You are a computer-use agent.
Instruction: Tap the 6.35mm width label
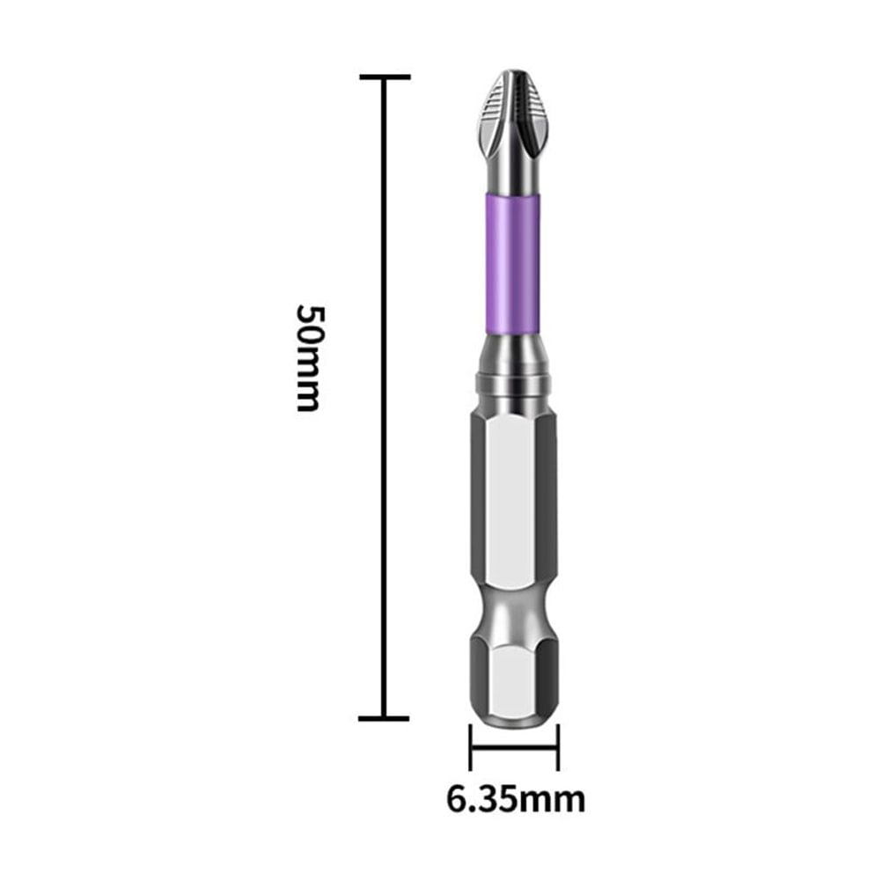[515, 799]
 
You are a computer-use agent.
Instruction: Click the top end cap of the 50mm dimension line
[385, 77]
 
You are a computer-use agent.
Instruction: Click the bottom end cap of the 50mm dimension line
[385, 719]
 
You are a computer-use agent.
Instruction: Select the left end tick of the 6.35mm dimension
[471, 747]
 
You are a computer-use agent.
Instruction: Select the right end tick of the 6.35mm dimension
[558, 747]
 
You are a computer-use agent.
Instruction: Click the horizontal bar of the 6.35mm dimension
[514, 747]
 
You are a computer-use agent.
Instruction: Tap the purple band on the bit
[513, 264]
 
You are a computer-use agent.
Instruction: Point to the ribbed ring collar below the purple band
[513, 385]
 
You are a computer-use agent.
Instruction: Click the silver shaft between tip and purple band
[513, 176]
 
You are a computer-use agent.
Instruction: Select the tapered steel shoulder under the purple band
[513, 352]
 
